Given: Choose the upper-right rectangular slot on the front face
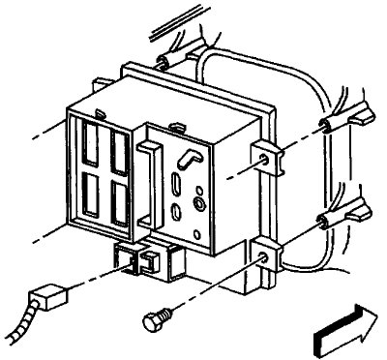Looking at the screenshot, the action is point(119,150).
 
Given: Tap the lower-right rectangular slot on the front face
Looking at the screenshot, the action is point(120,205).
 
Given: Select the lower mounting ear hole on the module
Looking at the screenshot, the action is point(263,258).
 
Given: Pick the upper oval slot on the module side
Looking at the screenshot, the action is point(177,183).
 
